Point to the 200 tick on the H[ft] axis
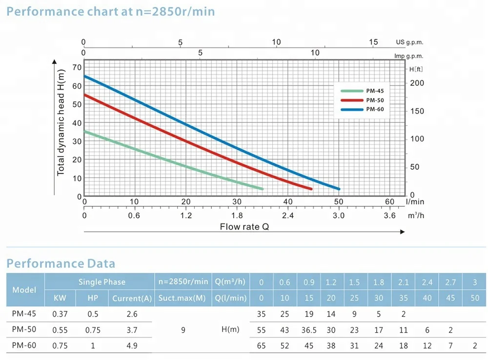(x=417, y=83)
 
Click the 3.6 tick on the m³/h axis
(x=389, y=215)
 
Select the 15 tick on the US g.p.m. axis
(x=373, y=42)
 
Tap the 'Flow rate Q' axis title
(x=244, y=227)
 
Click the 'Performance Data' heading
(x=61, y=264)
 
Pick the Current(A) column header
(x=132, y=298)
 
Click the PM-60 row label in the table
(x=24, y=345)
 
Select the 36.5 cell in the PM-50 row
(x=308, y=330)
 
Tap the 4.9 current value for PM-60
(x=132, y=345)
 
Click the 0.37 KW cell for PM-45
(x=60, y=314)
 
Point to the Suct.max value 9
(x=183, y=330)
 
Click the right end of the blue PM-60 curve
(x=338, y=189)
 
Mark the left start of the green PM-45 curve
(x=85, y=132)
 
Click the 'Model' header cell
(x=24, y=290)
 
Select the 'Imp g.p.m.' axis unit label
(x=409, y=56)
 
